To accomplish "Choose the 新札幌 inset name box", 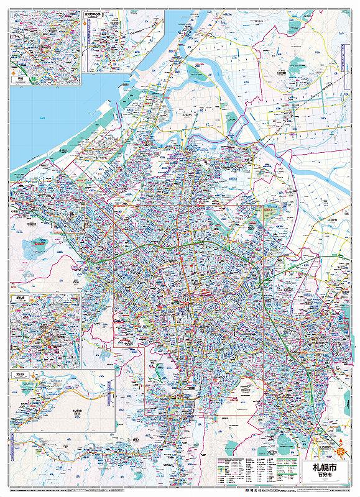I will tap(17, 299).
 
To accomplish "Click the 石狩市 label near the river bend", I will tap(187, 116).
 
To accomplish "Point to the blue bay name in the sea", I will tap(41, 118).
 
